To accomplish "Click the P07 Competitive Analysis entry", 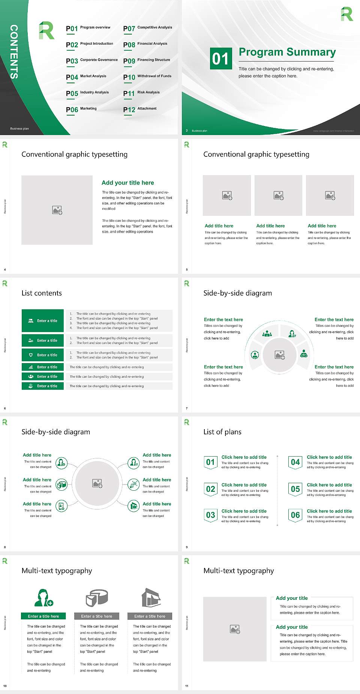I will [147, 28].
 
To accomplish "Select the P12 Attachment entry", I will [140, 109].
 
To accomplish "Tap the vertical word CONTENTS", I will [14, 51].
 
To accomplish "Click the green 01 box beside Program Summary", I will [220, 59].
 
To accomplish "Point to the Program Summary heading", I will [287, 52].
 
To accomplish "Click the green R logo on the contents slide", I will [46, 30].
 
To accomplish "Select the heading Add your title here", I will [127, 183].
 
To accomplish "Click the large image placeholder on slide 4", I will [57, 210].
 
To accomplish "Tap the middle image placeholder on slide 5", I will [278, 195].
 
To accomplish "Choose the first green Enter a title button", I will [43, 321].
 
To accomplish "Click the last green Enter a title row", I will [43, 386].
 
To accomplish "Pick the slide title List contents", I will [42, 293].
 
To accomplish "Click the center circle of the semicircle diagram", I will [279, 355].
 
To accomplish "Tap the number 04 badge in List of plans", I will [295, 462].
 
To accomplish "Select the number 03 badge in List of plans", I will [210, 515].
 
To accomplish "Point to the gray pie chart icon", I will [97, 597].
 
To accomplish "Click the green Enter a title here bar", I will [43, 616].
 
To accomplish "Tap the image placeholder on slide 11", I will [235, 629].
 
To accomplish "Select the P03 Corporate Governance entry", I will [91, 60].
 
